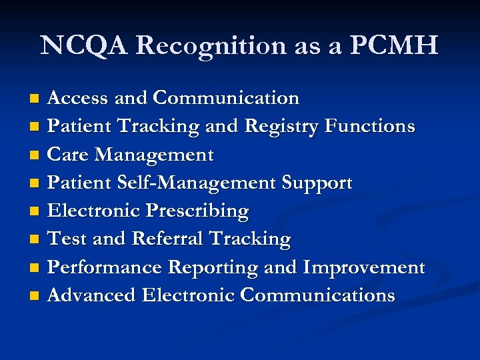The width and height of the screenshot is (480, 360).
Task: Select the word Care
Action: [69, 155]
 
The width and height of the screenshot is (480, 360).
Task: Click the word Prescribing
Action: [197, 211]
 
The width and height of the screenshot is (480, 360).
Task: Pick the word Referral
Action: [169, 239]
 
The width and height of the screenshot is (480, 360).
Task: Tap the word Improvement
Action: [363, 267]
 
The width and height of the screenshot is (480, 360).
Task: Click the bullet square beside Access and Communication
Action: [36, 99]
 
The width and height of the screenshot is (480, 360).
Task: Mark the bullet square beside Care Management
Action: [36, 155]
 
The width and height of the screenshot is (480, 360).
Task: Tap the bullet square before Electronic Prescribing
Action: [36, 212]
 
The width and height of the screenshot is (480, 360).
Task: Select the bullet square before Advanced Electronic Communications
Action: [36, 295]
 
